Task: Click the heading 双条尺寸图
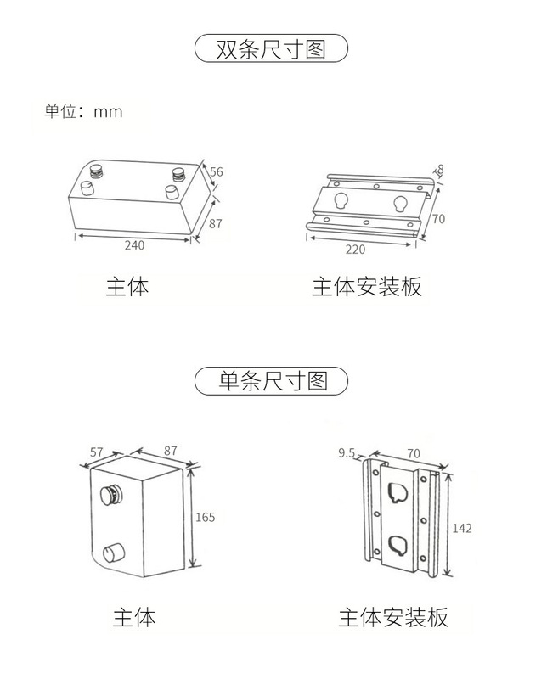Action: click(x=272, y=48)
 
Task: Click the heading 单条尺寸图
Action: click(x=272, y=381)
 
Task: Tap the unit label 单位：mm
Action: click(x=84, y=112)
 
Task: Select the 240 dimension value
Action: click(x=134, y=246)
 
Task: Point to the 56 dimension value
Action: click(x=217, y=171)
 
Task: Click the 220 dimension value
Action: click(x=356, y=250)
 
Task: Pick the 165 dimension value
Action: click(x=206, y=517)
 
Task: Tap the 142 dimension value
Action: click(x=461, y=528)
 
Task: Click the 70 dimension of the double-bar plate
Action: click(x=438, y=218)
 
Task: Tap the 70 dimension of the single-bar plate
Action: click(x=414, y=453)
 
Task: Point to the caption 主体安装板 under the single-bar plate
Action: click(x=393, y=616)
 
